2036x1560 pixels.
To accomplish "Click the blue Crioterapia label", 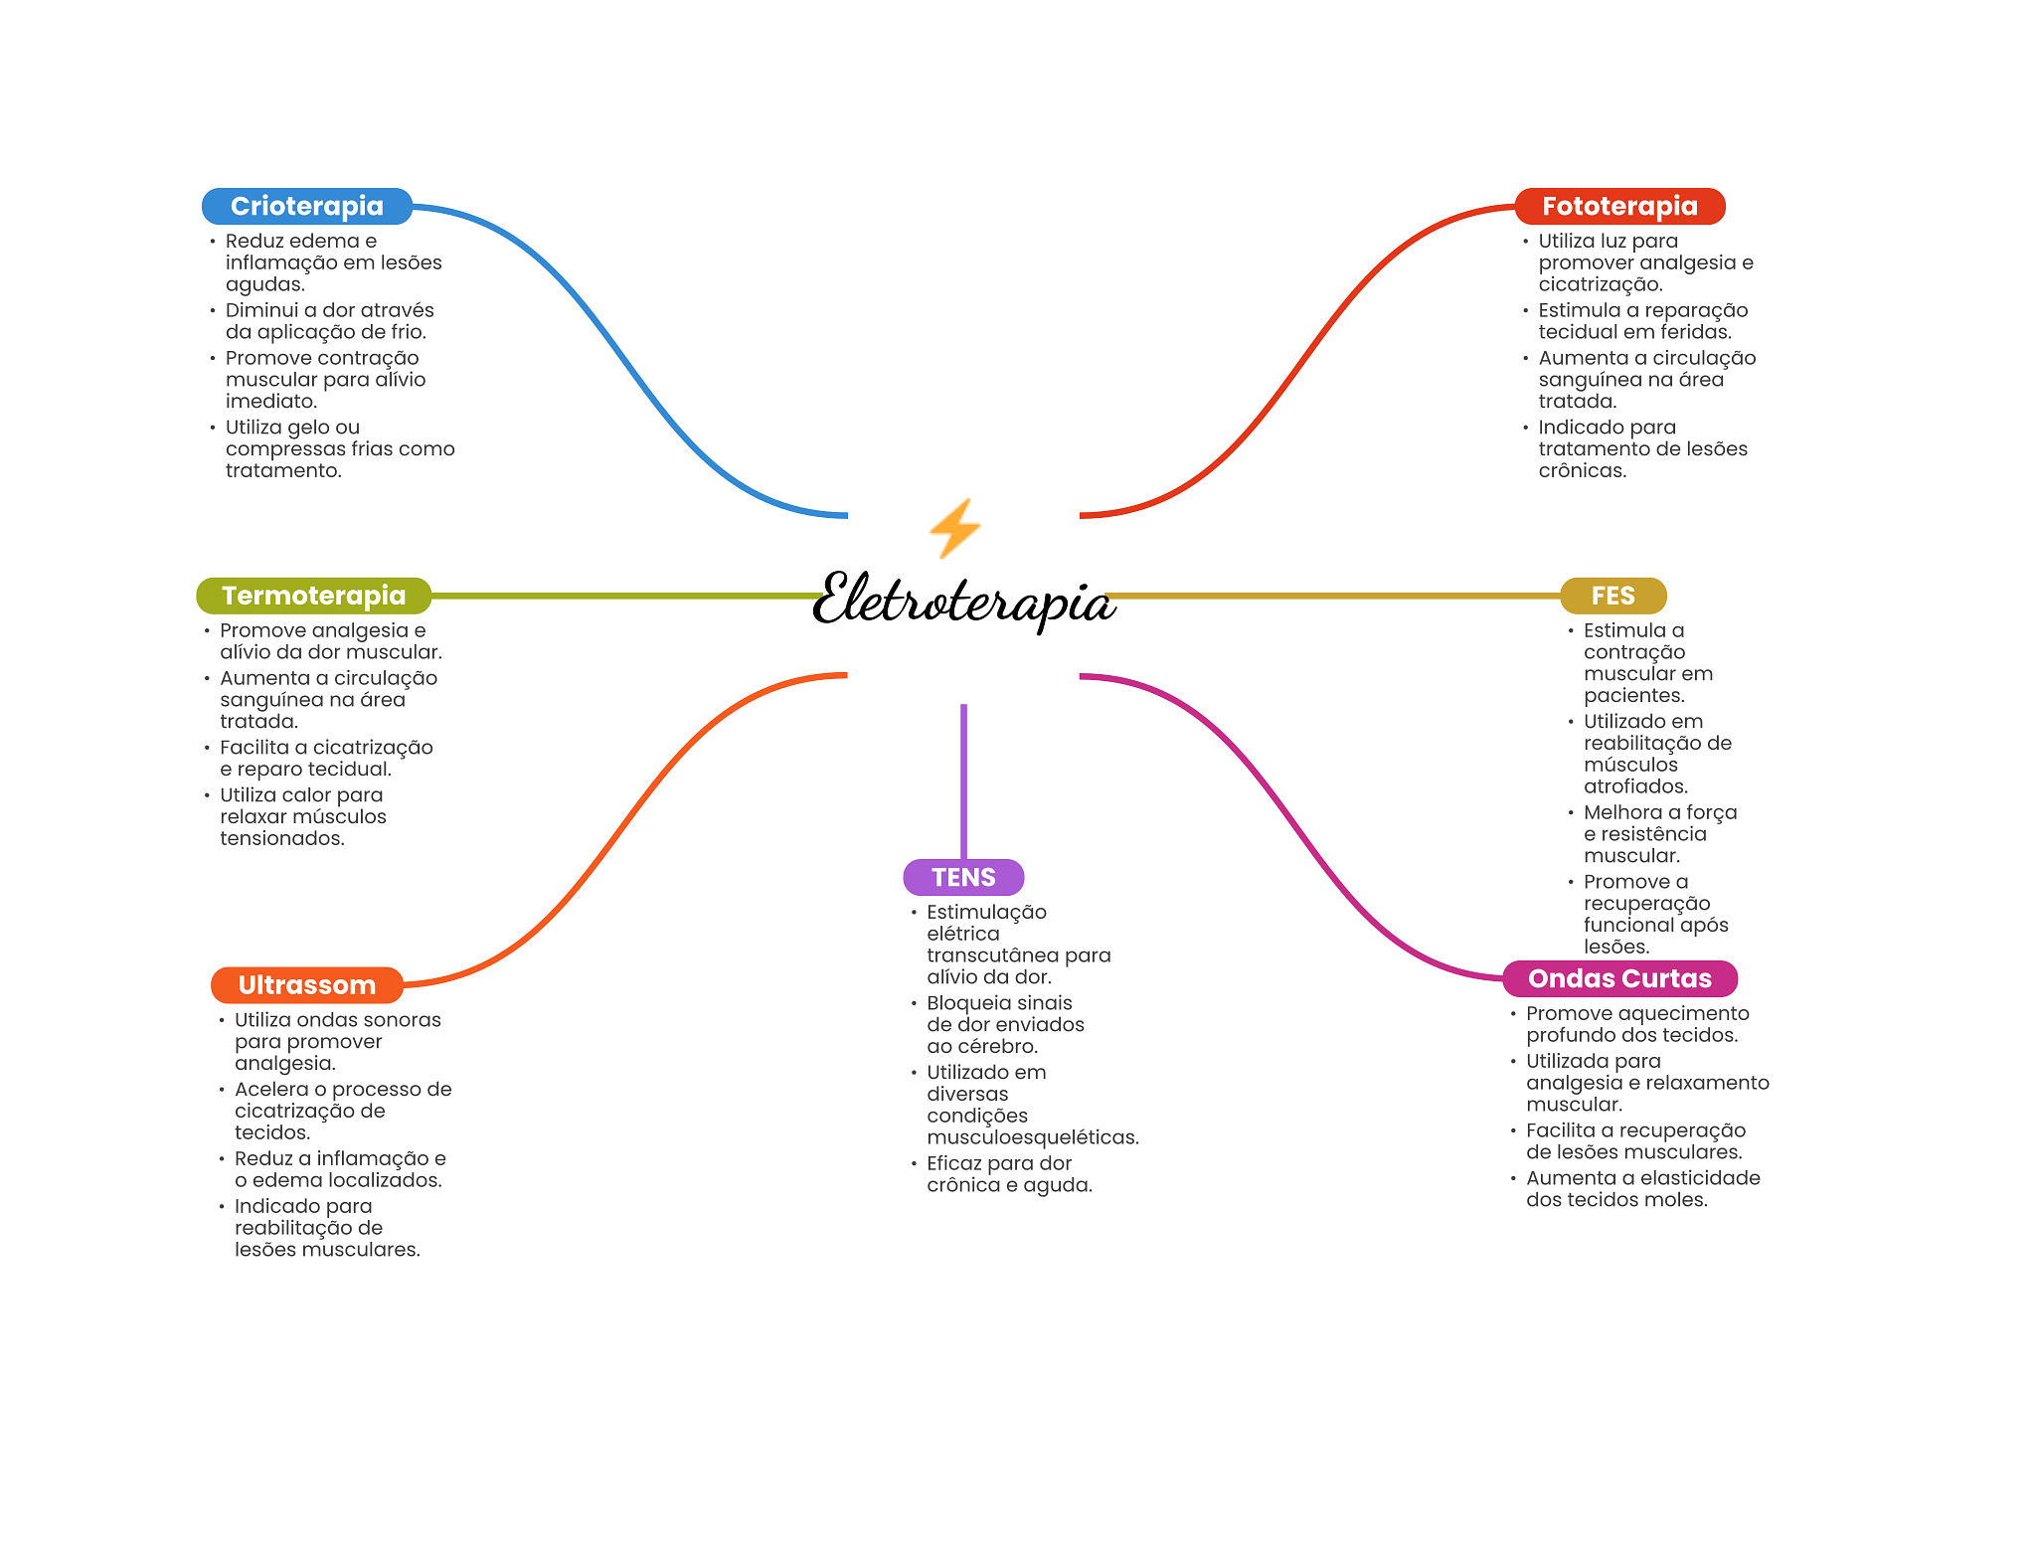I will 306,206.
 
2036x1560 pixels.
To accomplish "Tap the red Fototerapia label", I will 1618,206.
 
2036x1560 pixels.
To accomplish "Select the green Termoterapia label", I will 313,596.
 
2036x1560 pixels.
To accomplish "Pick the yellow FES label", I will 1612,596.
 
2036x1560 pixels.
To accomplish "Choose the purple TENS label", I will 962,877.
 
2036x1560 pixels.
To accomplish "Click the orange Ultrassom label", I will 306,985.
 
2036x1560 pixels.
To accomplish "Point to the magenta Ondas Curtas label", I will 1618,978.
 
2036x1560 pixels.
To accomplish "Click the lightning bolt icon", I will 954,528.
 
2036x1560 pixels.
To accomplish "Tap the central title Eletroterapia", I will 962,601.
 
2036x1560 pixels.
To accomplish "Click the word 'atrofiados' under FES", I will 1634,786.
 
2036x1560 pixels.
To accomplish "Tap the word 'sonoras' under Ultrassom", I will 402,1020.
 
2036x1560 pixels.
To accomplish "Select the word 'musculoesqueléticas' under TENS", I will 1032,1137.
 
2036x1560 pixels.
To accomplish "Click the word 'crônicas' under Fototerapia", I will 1582,471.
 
